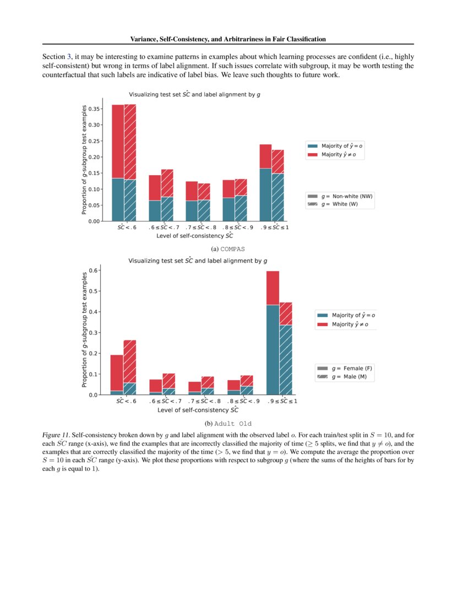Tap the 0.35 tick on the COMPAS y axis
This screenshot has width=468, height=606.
[94, 109]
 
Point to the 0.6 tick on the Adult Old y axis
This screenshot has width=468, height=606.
[95, 270]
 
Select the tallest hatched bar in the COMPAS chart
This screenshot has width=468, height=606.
[130, 162]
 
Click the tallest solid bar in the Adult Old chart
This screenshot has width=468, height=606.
[273, 333]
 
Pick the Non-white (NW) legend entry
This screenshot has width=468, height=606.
[340, 196]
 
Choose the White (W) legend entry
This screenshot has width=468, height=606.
[340, 204]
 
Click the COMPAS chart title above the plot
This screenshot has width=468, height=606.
[194, 94]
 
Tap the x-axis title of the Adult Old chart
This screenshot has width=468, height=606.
[198, 410]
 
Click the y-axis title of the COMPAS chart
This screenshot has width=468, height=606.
[84, 160]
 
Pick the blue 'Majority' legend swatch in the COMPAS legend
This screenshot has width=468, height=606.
[313, 146]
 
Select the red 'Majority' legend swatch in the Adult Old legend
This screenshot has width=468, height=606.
[322, 324]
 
